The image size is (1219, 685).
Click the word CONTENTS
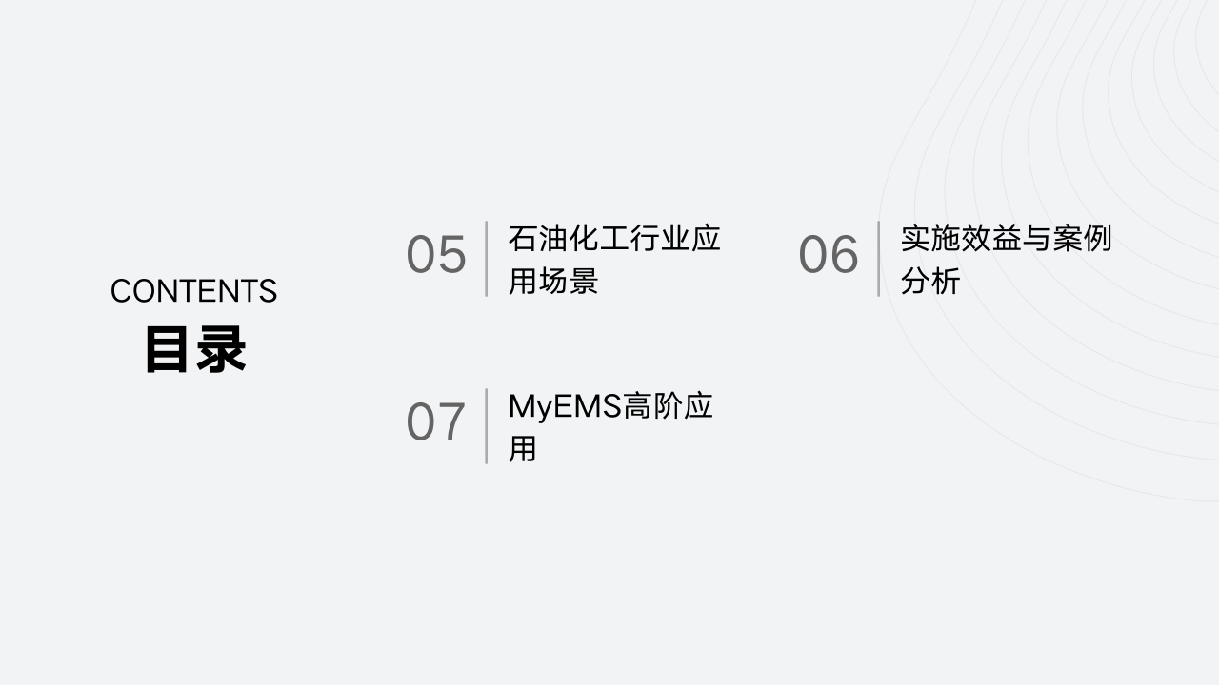[193, 291]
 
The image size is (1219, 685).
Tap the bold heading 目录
[195, 349]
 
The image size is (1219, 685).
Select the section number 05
[436, 255]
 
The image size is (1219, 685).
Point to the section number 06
[829, 255]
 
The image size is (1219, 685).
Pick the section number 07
[436, 422]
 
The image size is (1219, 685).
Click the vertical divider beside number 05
[487, 259]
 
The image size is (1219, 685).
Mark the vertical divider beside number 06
[878, 259]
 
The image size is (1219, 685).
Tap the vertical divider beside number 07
[487, 426]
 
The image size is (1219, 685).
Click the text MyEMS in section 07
[565, 406]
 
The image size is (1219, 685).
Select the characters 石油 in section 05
[537, 238]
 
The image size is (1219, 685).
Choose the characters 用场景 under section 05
[552, 282]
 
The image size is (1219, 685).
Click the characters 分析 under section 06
[929, 282]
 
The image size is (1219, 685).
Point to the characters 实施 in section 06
[929, 238]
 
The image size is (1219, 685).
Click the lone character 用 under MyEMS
[522, 449]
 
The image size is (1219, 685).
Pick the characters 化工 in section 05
[598, 238]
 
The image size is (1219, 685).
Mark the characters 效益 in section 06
[990, 238]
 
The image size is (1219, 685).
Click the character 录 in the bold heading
[222, 349]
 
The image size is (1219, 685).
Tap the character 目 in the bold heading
[169, 349]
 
